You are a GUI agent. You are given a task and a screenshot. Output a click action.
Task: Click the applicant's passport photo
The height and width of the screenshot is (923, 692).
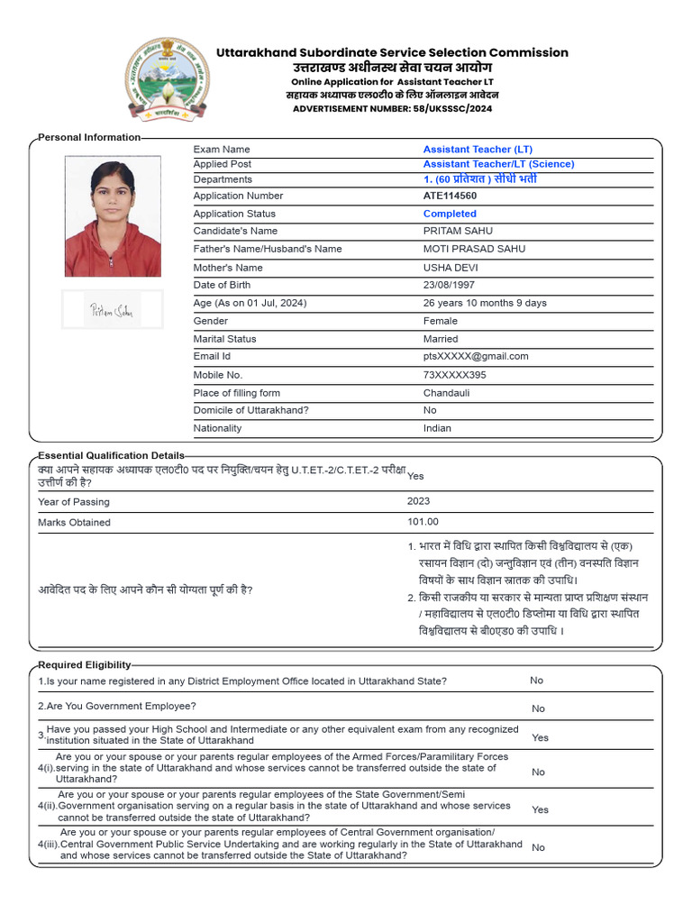(x=113, y=216)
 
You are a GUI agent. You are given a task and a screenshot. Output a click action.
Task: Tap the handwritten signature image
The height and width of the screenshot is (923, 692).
(x=112, y=310)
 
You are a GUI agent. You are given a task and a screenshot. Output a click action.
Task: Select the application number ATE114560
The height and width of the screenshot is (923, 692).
(x=450, y=196)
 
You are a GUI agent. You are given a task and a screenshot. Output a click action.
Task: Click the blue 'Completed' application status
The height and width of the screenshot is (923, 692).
(x=450, y=214)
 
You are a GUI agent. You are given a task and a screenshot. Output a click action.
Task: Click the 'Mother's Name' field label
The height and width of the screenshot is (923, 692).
(x=228, y=268)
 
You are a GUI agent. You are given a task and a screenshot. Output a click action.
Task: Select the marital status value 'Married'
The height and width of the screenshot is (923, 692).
(x=441, y=339)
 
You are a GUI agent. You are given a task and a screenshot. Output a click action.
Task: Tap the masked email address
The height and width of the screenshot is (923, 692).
(x=476, y=356)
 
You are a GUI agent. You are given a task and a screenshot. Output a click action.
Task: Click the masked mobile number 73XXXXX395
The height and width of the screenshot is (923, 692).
(x=454, y=375)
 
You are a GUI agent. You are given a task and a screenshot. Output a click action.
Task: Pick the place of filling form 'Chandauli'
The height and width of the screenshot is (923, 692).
(x=447, y=393)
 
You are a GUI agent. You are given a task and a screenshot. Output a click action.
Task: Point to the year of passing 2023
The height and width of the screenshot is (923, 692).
(x=418, y=501)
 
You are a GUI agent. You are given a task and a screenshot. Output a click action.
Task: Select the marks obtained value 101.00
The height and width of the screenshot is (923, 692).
(x=423, y=522)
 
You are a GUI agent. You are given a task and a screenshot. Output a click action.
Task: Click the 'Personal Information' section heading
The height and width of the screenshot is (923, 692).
(x=89, y=137)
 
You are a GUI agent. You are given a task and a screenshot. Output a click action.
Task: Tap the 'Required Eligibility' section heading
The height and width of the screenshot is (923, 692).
(x=85, y=664)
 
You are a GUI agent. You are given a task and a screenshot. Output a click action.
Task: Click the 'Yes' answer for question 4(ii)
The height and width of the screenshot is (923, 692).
(x=540, y=809)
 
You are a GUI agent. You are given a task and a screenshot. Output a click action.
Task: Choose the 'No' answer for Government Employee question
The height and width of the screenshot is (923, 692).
(x=538, y=708)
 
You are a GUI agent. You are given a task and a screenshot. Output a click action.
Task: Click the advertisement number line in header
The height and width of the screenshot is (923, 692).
(x=392, y=108)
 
